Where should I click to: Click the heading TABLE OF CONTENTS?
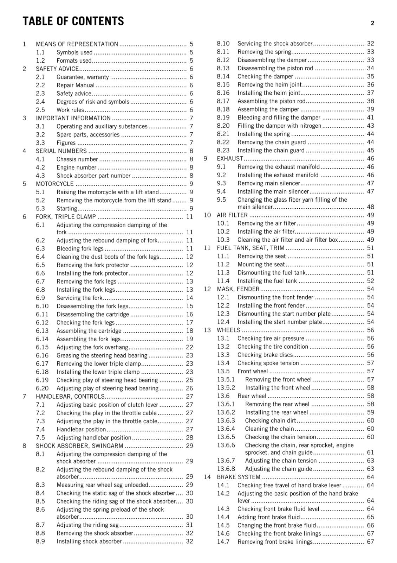pos(73,21)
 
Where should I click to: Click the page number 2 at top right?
pos(372,23)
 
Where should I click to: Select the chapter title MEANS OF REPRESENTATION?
pos(77,44)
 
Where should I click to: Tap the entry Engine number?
pos(76,167)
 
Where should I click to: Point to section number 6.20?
pos(42,388)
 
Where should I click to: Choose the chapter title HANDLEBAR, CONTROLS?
pos(70,397)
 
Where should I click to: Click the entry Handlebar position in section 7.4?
pos(81,429)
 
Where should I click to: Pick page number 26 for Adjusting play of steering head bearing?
pos(189,388)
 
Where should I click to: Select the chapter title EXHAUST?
pos(230,159)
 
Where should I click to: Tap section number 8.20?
pos(223,126)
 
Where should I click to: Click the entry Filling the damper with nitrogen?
pos(279,126)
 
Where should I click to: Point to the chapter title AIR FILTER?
pos(232,215)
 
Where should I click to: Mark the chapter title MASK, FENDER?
pos(238,289)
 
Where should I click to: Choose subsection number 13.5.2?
pos(226,388)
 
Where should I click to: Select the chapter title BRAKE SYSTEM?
pos(239,477)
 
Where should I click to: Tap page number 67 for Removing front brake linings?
pos(370,542)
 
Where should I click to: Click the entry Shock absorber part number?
pos(93,176)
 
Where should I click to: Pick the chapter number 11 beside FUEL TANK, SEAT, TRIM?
pos(207,248)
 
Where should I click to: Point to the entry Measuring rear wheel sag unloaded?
pos(102,485)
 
